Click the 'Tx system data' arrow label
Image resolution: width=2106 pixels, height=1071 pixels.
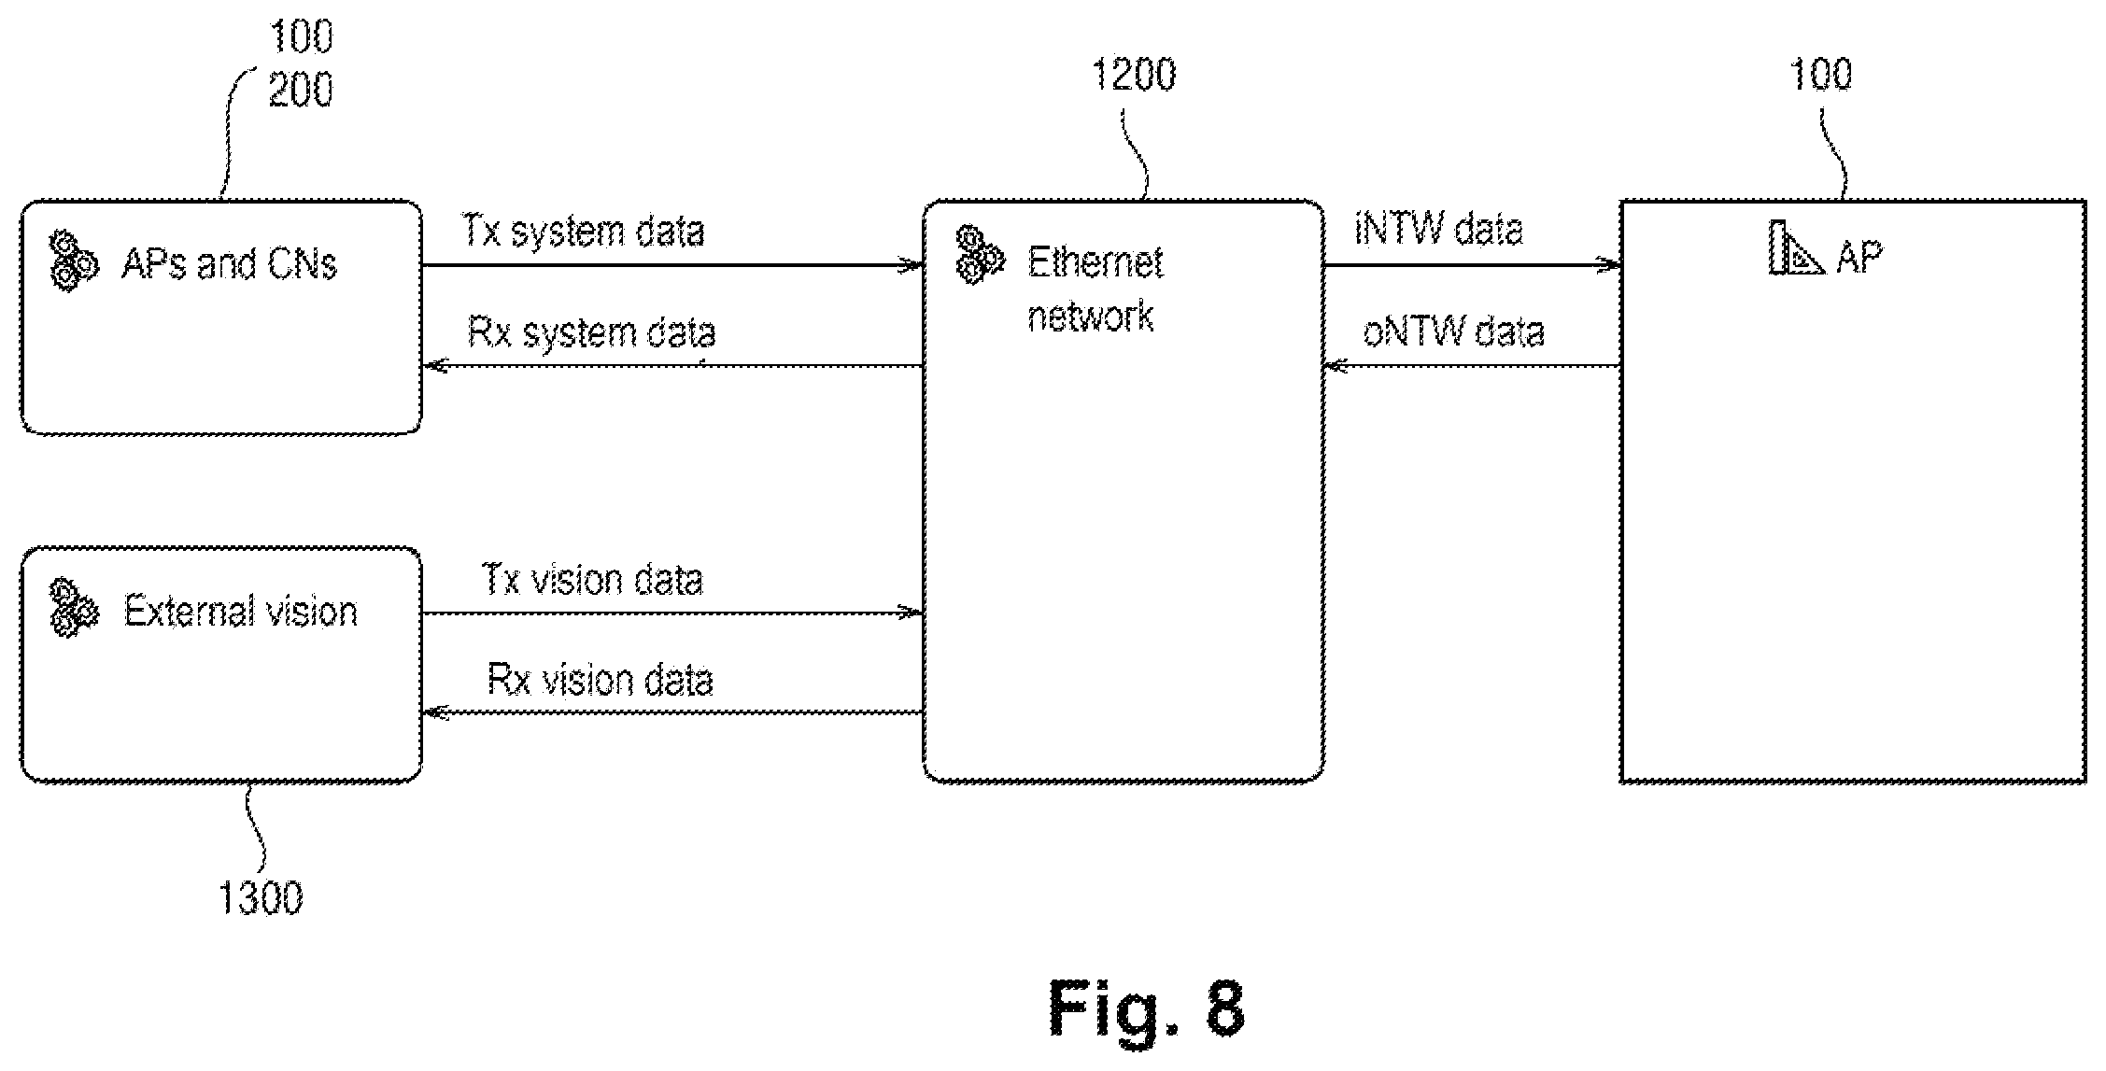(584, 232)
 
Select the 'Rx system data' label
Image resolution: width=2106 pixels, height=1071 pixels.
(591, 333)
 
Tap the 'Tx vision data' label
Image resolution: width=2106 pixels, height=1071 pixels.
(592, 580)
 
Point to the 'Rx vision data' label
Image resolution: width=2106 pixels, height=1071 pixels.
(600, 680)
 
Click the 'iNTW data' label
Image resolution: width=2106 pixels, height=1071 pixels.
(1438, 230)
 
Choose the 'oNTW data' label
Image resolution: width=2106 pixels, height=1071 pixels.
(1453, 331)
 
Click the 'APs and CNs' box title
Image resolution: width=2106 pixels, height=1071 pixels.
(229, 264)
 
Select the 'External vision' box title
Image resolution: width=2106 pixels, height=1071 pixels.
(241, 612)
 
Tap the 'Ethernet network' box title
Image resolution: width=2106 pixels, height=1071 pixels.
(1095, 289)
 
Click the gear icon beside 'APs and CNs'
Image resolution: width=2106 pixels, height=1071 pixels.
(73, 261)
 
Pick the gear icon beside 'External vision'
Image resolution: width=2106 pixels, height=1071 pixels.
(74, 609)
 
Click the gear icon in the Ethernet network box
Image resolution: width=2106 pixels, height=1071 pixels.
(980, 255)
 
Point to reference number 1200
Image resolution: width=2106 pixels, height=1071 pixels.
(1134, 75)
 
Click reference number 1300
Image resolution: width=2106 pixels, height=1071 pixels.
(261, 898)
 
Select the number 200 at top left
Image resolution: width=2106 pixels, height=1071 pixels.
(301, 91)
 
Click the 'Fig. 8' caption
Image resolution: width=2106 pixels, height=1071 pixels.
(1147, 1008)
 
